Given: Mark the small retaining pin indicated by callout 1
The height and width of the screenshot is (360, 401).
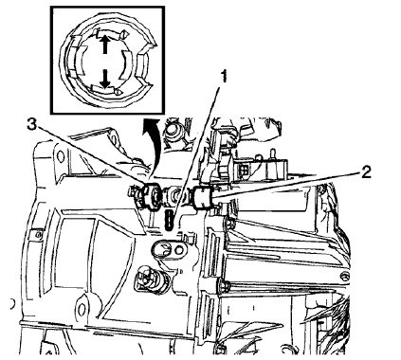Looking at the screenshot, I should pyautogui.click(x=170, y=220).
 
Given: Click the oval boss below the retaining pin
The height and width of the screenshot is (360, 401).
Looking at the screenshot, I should pyautogui.click(x=168, y=250).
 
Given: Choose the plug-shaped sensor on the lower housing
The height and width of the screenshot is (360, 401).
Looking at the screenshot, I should pyautogui.click(x=149, y=280).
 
